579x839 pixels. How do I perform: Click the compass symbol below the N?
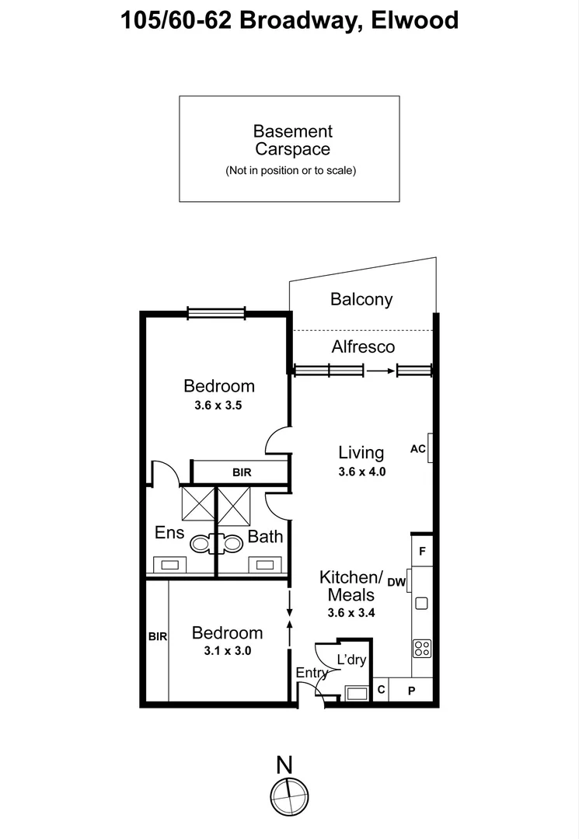[289, 797]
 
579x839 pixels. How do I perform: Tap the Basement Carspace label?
[293, 140]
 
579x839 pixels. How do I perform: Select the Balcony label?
[361, 299]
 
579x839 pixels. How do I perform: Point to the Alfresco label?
[363, 346]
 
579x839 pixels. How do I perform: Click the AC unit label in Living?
[418, 449]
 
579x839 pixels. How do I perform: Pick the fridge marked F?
[422, 551]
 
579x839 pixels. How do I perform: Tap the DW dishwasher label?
[396, 582]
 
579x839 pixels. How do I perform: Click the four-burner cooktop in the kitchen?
[422, 649]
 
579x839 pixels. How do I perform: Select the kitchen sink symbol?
[422, 604]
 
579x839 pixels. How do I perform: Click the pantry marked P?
[411, 691]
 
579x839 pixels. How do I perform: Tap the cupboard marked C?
[381, 690]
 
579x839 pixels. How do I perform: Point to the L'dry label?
[351, 660]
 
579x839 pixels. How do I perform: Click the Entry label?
[312, 673]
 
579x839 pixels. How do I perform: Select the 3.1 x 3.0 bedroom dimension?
[228, 651]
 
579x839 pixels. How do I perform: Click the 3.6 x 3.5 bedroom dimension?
[218, 406]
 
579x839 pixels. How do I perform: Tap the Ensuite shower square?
[198, 503]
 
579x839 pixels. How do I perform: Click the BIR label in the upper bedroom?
[242, 472]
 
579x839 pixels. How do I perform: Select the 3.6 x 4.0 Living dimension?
[361, 472]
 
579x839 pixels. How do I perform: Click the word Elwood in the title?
[415, 20]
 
